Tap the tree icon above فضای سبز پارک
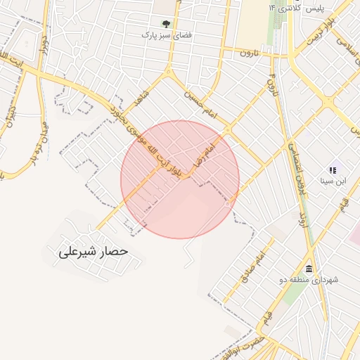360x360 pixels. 166,24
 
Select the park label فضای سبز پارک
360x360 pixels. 166,34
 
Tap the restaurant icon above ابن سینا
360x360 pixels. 333,170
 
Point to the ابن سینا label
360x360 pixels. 333,181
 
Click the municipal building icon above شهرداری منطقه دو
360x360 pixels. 309,269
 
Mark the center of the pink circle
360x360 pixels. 180,179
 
